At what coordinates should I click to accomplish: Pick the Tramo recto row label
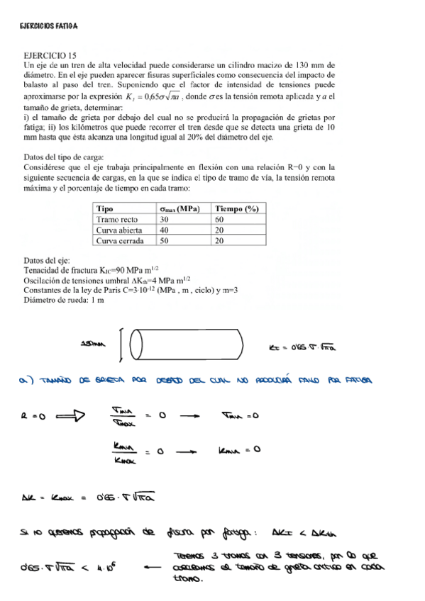coord(118,219)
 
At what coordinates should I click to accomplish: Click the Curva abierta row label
coord(119,230)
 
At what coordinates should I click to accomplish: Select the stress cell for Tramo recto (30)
coord(165,219)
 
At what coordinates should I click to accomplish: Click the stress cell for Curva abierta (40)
coord(165,230)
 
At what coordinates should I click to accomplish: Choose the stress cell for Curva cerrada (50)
coord(165,240)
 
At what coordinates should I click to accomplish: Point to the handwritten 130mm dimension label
coord(93,344)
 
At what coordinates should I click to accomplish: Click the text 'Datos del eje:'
coord(47,261)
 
